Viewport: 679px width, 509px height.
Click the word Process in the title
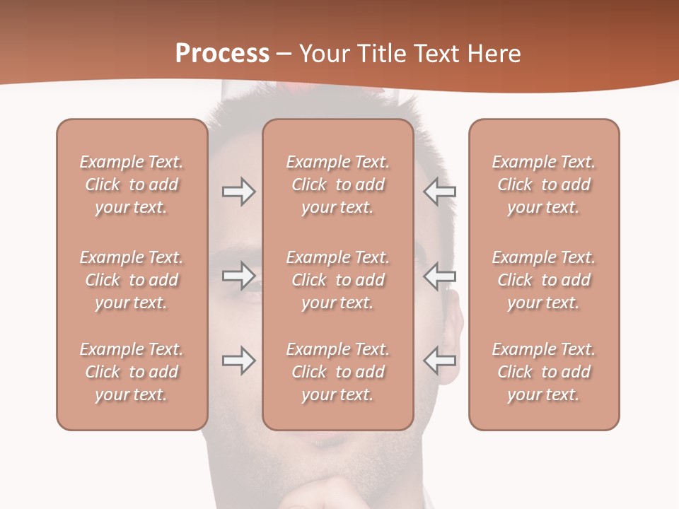222,54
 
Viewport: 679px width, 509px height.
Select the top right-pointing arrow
239,192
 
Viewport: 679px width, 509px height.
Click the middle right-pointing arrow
239,276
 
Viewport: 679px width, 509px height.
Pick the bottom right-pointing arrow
239,361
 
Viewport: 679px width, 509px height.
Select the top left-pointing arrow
440,192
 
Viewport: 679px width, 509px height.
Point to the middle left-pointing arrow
440,276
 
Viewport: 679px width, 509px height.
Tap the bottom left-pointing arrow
440,361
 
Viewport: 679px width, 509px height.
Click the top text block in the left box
132,185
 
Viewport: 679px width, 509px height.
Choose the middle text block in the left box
132,280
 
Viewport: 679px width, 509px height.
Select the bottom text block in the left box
132,372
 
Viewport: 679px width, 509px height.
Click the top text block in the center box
338,185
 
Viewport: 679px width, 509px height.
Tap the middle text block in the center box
338,280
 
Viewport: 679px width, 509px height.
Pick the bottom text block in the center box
338,372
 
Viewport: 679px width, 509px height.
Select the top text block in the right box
544,185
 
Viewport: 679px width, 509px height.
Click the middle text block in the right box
544,280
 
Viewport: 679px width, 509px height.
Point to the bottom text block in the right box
544,372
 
